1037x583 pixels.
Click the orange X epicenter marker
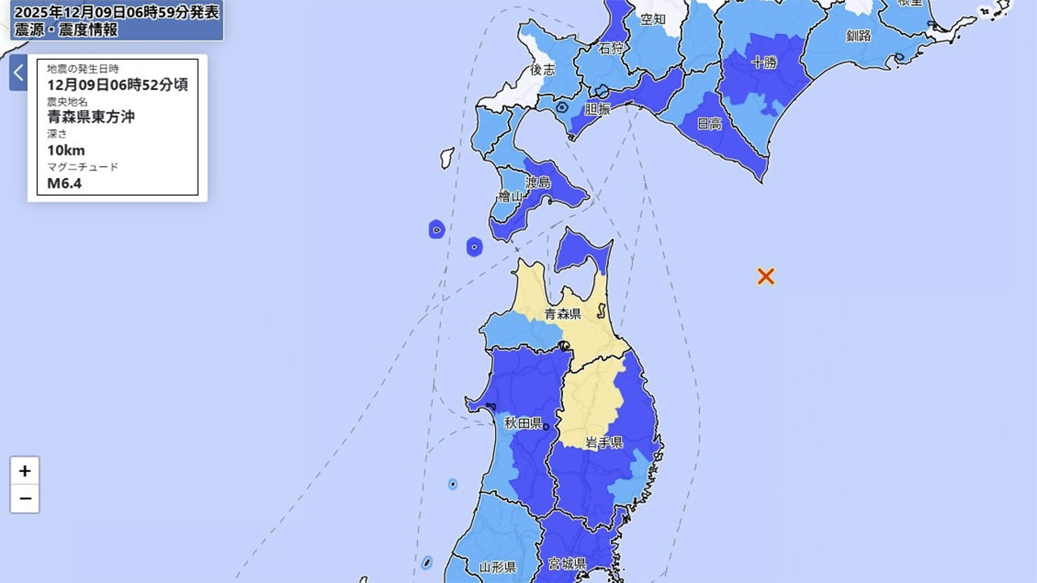pos(766,276)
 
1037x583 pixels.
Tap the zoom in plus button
pos(25,470)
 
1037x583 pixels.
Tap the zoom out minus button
pos(25,499)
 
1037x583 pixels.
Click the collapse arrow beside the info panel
pos(18,73)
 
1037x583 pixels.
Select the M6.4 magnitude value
pos(64,183)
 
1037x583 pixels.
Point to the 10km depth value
pos(66,150)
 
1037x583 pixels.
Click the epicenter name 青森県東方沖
pos(91,117)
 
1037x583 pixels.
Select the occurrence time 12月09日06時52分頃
pos(117,84)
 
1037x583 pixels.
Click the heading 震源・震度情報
pos(65,30)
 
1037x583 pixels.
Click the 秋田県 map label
pos(523,423)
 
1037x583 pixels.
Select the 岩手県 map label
pos(604,442)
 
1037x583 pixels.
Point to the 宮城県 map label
pos(567,563)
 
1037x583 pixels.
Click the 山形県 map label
pos(497,567)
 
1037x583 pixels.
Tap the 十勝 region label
pos(765,62)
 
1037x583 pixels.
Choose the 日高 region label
pos(710,124)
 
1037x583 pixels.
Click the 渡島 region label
pos(538,182)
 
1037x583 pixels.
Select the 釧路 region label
pos(859,36)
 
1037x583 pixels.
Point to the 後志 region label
pos(543,70)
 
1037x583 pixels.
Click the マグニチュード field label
pos(83,167)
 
